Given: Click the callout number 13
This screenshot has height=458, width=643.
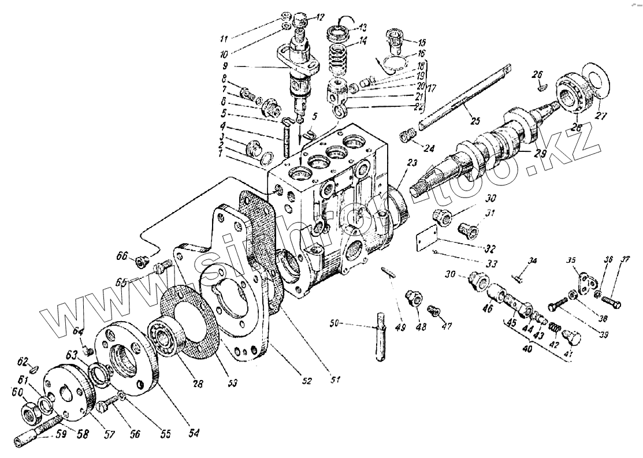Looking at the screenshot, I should point(362,27).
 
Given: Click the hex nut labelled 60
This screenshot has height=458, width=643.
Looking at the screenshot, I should point(29,413).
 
